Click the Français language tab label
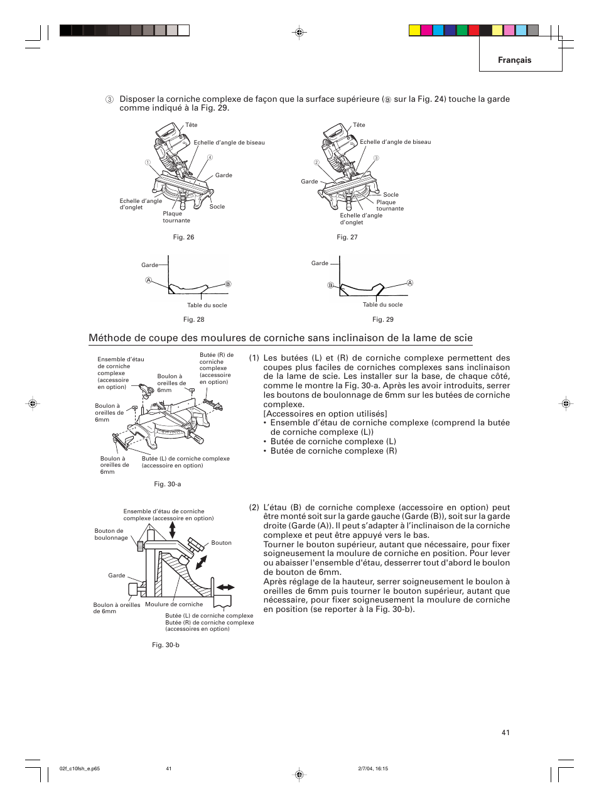(x=514, y=60)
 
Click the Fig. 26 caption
(x=183, y=237)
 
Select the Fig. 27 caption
(x=347, y=237)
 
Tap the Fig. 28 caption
(x=193, y=320)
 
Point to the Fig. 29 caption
(x=382, y=320)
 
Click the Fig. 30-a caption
(x=167, y=484)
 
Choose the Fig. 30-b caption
(x=165, y=645)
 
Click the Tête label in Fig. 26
(x=191, y=125)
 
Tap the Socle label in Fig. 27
(x=391, y=195)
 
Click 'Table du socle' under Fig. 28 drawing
(x=207, y=305)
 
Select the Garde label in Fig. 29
(x=320, y=263)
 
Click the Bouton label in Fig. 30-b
(x=221, y=543)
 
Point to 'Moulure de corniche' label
(x=174, y=604)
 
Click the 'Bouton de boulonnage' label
(x=111, y=535)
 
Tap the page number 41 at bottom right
(x=505, y=733)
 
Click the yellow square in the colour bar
(x=414, y=30)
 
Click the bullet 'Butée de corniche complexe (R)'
(x=333, y=451)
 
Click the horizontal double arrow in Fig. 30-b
(x=225, y=587)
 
